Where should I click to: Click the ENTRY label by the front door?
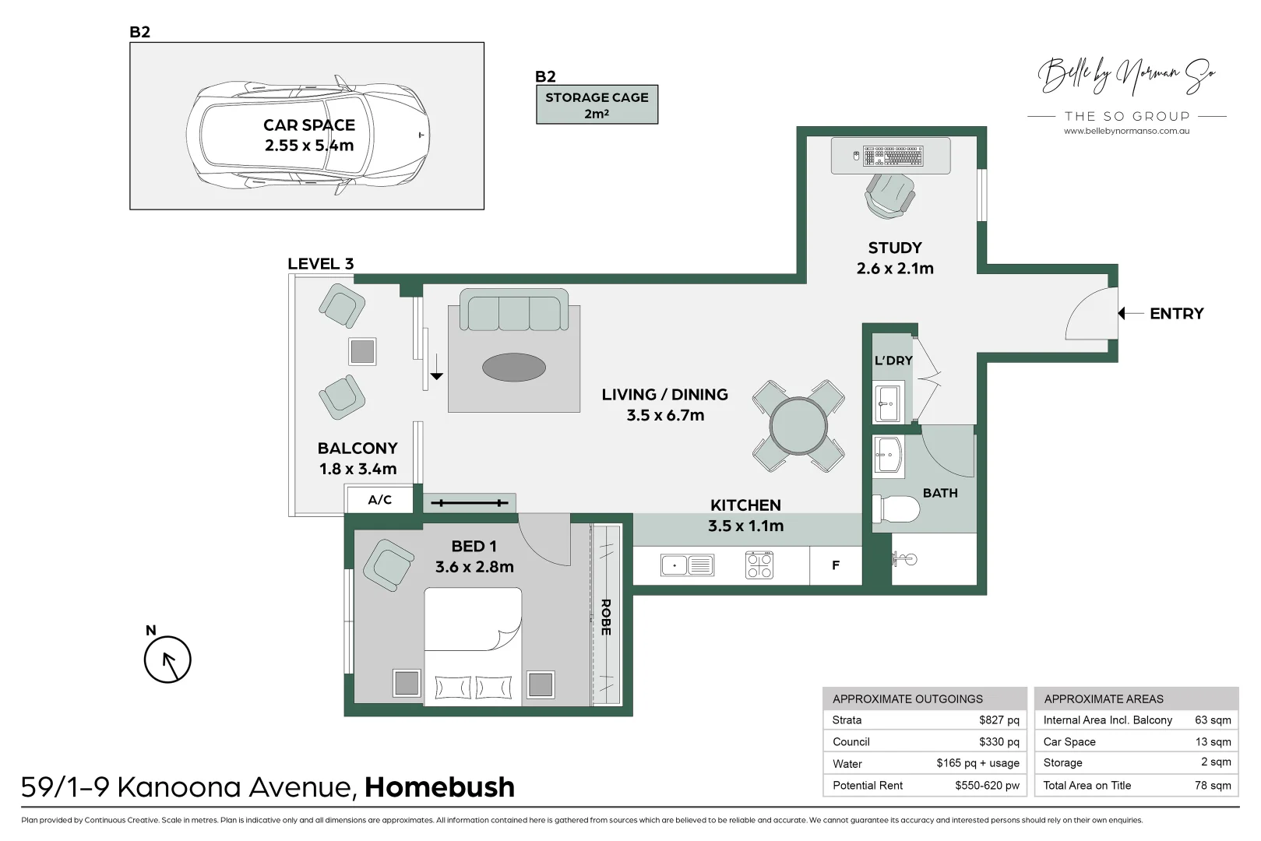pos(1176,314)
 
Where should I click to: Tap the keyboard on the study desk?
pos(893,156)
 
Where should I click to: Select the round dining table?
pos(798,426)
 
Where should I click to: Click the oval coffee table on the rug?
pos(513,368)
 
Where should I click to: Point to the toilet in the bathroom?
pos(896,508)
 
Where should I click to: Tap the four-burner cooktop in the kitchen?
pos(759,565)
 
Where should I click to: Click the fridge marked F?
pos(836,565)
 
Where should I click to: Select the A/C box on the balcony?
pos(379,500)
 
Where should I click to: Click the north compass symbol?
pos(167,660)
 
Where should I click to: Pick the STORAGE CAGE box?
pos(597,104)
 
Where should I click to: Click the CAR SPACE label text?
pos(309,125)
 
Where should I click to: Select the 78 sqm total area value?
pos(1213,785)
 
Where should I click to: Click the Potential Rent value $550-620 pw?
pos(987,785)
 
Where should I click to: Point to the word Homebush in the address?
pos(439,787)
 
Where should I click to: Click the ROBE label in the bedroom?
pos(606,618)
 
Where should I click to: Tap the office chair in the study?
pos(889,195)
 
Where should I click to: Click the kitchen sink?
pos(687,565)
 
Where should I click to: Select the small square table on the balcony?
pos(362,352)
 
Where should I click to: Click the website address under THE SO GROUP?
pos(1126,131)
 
